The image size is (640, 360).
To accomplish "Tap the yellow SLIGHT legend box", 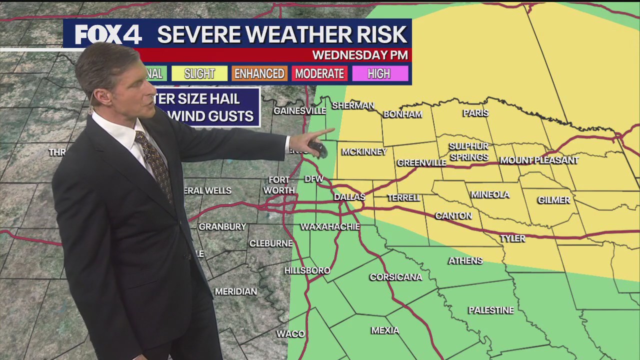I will (199, 73).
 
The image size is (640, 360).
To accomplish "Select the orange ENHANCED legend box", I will (259, 73).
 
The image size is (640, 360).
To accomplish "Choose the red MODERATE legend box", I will (319, 73).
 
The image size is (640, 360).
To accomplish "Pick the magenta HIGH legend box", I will (379, 73).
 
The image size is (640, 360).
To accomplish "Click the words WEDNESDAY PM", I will (360, 55).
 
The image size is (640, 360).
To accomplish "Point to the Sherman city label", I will (353, 105).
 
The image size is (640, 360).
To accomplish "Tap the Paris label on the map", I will (475, 113).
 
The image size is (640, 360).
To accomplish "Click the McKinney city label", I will (364, 151).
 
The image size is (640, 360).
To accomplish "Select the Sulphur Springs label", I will (468, 151).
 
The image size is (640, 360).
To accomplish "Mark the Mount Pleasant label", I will (539, 160).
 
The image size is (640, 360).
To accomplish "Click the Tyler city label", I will (513, 238).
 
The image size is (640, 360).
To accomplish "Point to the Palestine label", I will (491, 310).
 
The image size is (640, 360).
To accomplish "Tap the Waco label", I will (290, 334).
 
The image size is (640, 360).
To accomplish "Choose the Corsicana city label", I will (395, 277).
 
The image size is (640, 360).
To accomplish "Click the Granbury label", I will (222, 226).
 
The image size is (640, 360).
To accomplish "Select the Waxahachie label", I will (330, 226).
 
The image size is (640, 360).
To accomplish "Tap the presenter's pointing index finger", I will (325, 132).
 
